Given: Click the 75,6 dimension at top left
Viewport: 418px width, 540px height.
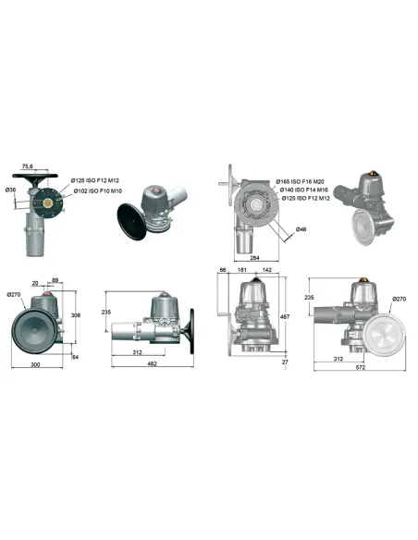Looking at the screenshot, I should pos(28,166).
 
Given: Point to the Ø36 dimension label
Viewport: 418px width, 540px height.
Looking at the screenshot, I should pos(11,190).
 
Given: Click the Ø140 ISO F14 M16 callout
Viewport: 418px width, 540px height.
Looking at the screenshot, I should pos(301,190).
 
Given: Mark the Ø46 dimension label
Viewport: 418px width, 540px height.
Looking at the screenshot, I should pos(301,229).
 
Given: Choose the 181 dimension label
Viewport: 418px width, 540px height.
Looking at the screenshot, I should pos(241,270).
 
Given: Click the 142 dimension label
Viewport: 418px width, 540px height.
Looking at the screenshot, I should pos(266,270).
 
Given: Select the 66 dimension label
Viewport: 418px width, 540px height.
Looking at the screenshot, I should pos(223,270).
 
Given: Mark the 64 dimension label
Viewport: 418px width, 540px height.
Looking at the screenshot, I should pos(75,356).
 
